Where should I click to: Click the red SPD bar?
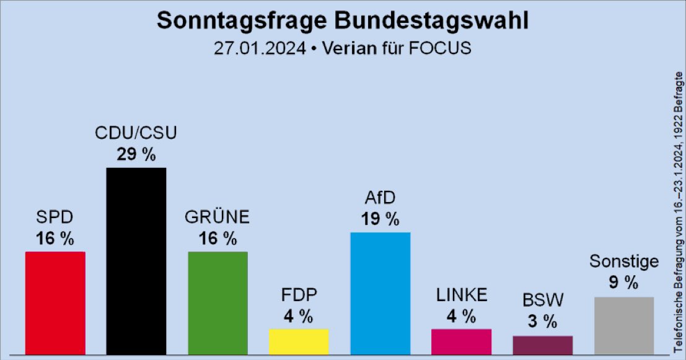pyautogui.click(x=55, y=303)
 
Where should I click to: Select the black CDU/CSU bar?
pyautogui.click(x=136, y=261)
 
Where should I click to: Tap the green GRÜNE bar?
pyautogui.click(x=218, y=303)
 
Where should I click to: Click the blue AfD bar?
pyautogui.click(x=380, y=293)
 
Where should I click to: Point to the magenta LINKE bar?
pyautogui.click(x=462, y=341)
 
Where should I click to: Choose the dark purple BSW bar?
pyautogui.click(x=543, y=345)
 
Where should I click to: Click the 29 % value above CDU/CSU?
pyautogui.click(x=136, y=155)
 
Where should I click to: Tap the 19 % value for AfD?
pyautogui.click(x=380, y=219)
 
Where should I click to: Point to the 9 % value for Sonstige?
pyautogui.click(x=623, y=283)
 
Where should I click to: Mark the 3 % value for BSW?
pyautogui.click(x=543, y=322)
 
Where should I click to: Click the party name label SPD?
pyautogui.click(x=55, y=218)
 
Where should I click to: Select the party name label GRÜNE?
pyautogui.click(x=218, y=218)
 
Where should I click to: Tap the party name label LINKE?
pyautogui.click(x=462, y=295)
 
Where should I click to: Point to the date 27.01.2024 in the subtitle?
pyautogui.click(x=260, y=48)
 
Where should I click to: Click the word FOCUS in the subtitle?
pyautogui.click(x=442, y=48)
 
